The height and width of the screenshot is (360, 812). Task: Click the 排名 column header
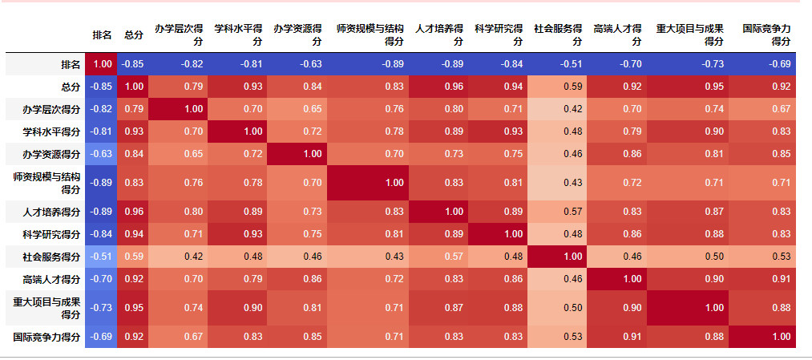[102, 35]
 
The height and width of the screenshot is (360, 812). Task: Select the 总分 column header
[134, 35]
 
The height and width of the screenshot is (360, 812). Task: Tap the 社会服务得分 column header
[559, 34]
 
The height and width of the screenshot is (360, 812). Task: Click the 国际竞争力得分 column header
[766, 34]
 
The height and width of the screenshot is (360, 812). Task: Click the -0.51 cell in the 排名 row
[559, 63]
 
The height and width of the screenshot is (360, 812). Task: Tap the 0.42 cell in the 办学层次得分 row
[559, 108]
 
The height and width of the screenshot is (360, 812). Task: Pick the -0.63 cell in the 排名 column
[101, 154]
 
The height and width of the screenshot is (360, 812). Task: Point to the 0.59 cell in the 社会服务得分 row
[134, 257]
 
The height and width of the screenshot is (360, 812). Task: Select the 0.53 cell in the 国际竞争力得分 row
[559, 337]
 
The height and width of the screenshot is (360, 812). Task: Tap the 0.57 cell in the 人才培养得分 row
[559, 212]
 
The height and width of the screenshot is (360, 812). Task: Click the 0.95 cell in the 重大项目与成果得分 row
[134, 308]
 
